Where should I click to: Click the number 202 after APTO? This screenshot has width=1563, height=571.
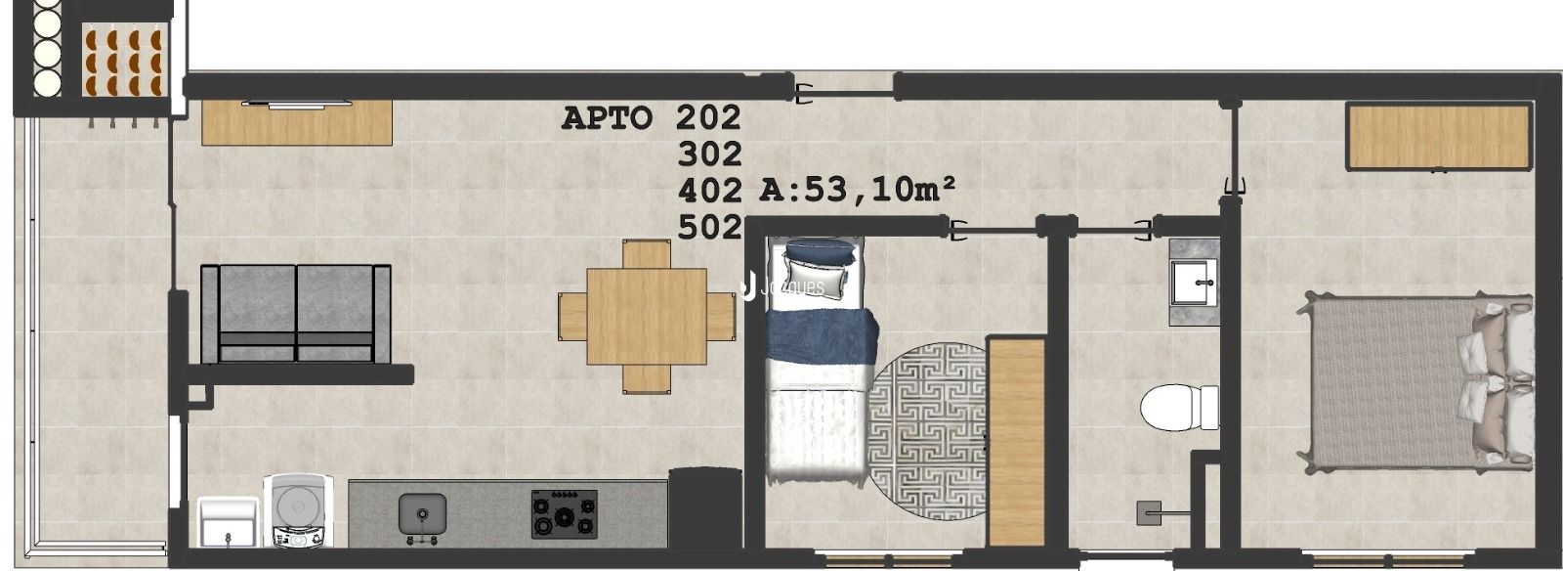click(708, 117)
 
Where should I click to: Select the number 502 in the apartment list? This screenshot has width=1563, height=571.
click(709, 228)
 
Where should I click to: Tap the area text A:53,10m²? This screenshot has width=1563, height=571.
click(857, 189)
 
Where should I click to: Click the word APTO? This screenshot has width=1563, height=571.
click(607, 118)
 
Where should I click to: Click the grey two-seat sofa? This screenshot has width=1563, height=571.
click(296, 314)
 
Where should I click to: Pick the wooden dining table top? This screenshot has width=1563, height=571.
click(647, 316)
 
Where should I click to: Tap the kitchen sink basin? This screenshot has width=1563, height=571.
click(422, 513)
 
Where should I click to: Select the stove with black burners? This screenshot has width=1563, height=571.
click(564, 513)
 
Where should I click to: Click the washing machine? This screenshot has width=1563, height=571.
click(298, 510)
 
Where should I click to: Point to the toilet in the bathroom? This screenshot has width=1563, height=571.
click(1180, 408)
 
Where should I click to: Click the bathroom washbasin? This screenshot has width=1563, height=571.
click(1194, 283)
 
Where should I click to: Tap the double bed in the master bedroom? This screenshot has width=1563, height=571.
click(1416, 382)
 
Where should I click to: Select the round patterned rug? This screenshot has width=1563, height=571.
click(928, 430)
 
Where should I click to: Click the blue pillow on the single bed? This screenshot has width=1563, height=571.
click(820, 252)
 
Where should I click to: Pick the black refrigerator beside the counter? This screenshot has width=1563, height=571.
click(704, 507)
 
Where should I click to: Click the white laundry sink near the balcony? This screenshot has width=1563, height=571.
click(228, 521)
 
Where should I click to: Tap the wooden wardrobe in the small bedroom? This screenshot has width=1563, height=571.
click(1017, 442)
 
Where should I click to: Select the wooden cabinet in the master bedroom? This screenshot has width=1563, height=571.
click(1439, 137)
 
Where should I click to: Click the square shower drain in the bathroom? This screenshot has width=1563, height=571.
click(1149, 513)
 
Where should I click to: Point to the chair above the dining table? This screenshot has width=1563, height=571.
click(647, 254)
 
